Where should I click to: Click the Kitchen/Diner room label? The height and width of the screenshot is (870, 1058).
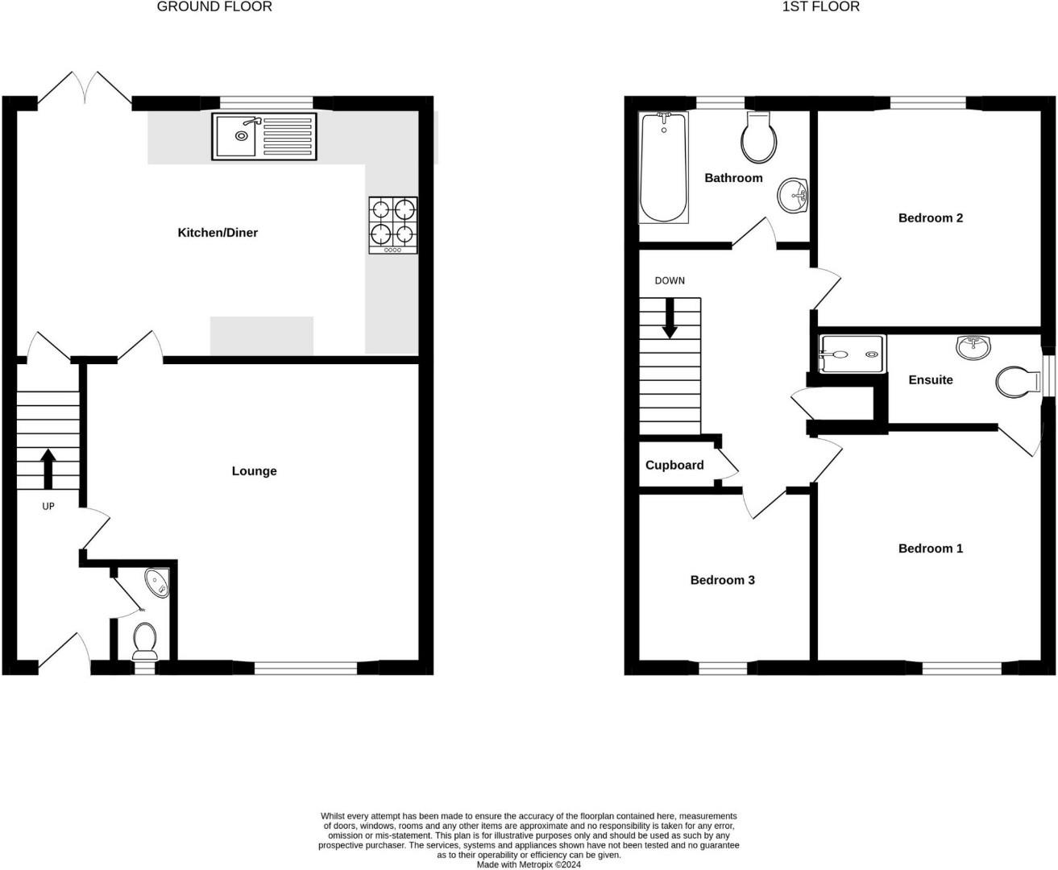click(218, 233)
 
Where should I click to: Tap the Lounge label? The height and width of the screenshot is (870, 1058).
click(254, 471)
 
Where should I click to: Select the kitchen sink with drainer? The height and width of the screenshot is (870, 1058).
click(264, 136)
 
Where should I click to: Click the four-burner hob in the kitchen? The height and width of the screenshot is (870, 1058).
click(393, 225)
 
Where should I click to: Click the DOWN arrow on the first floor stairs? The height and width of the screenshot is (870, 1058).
click(670, 318)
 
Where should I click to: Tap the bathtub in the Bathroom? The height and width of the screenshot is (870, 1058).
click(663, 168)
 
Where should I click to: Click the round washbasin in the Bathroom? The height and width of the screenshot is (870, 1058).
click(794, 195)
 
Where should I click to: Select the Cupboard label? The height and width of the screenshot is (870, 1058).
click(674, 466)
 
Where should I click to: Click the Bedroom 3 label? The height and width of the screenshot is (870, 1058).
click(722, 580)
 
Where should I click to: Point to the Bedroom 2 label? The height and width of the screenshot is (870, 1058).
click(930, 217)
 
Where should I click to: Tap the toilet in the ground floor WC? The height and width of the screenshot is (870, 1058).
click(145, 639)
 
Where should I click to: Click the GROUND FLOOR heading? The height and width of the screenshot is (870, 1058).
click(214, 6)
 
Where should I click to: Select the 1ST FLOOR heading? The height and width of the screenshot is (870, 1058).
click(820, 6)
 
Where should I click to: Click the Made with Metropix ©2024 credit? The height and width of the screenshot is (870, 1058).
click(529, 864)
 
